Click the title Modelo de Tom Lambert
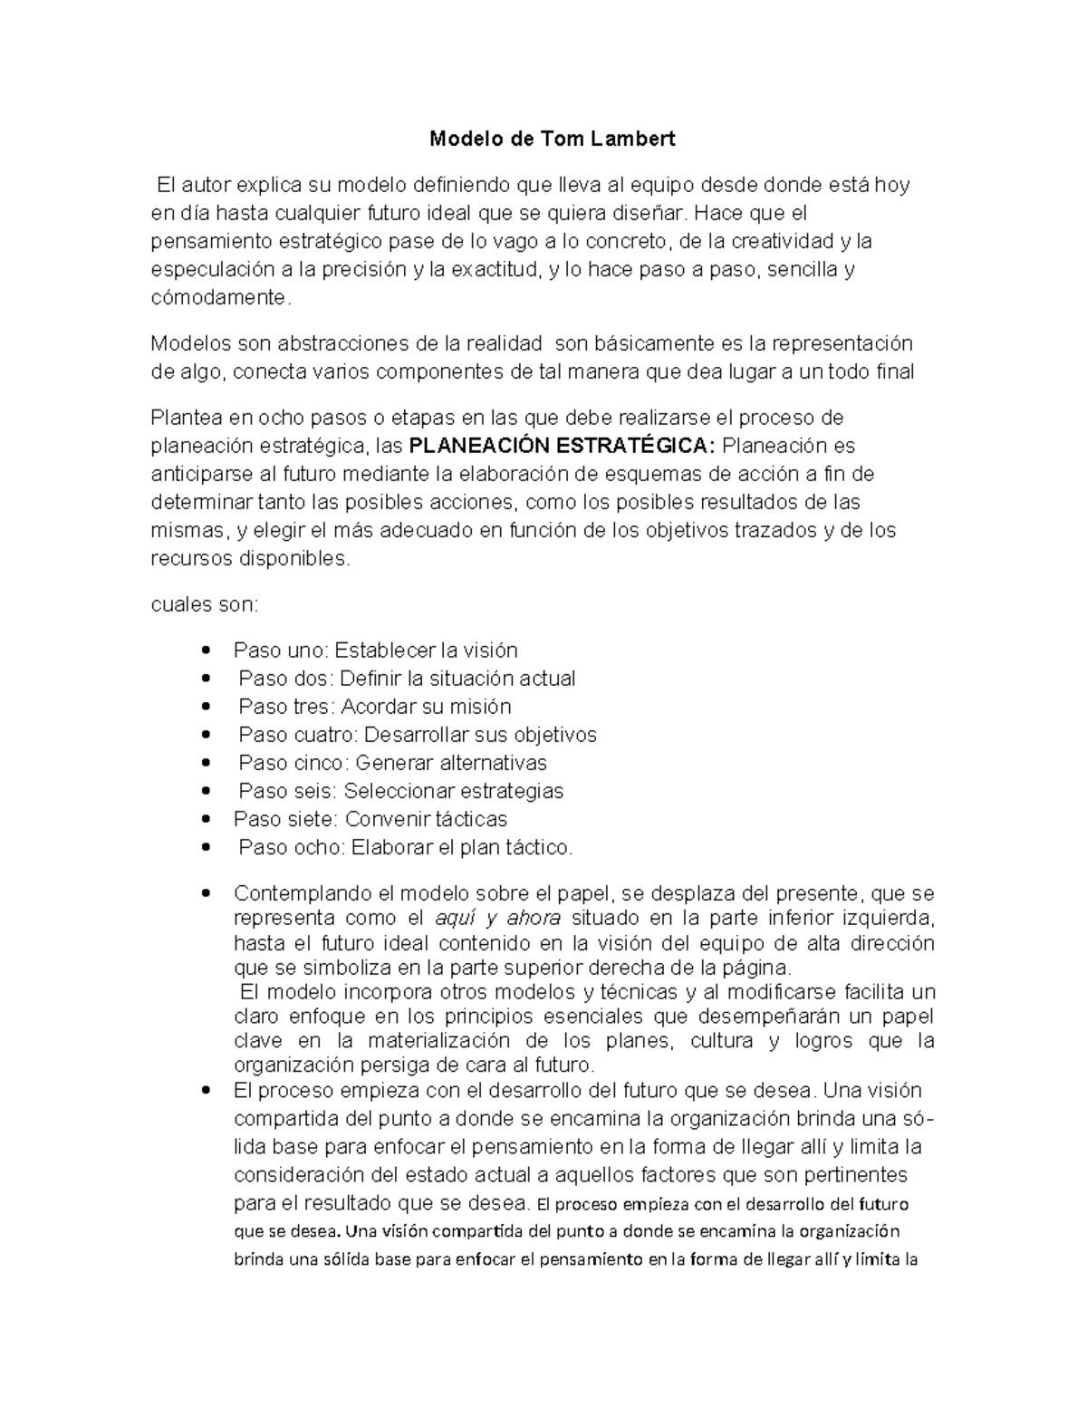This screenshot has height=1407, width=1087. [x=552, y=140]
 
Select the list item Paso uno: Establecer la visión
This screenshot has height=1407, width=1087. [x=375, y=650]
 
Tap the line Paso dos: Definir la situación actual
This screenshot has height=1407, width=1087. [x=407, y=679]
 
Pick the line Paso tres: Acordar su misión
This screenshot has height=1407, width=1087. [x=375, y=707]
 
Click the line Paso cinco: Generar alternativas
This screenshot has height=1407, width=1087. [x=392, y=763]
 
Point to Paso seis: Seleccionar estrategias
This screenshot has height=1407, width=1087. [x=400, y=791]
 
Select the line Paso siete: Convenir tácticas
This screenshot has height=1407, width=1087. [x=370, y=819]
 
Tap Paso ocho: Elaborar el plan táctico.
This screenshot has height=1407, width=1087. [x=406, y=848]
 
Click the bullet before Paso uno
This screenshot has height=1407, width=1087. [x=208, y=651]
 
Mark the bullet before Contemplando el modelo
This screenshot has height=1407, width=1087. [x=208, y=894]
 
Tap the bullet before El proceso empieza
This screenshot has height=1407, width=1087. [x=208, y=1091]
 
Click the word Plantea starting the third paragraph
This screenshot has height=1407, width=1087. [x=186, y=418]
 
